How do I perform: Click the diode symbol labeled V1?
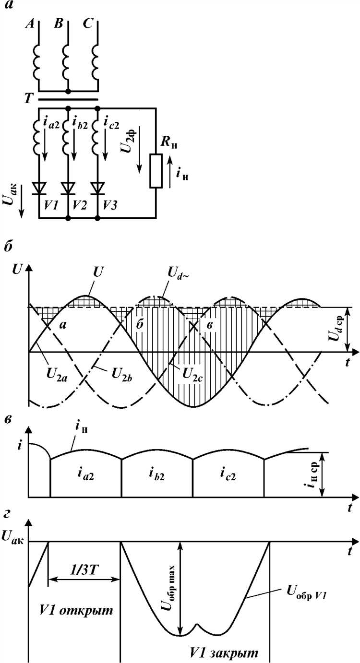tap(39, 187)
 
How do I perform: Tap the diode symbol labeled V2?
tap(68, 187)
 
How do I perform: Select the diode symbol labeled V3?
tap(98, 187)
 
